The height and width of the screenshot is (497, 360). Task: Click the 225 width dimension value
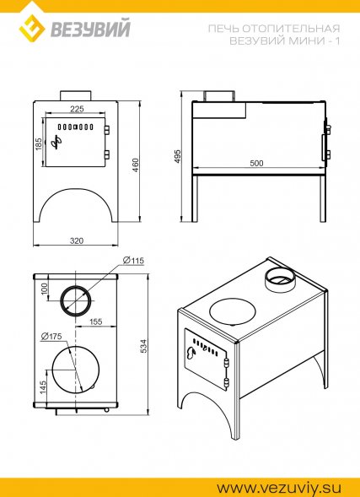(x=77, y=109)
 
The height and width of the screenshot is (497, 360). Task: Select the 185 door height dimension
(x=39, y=144)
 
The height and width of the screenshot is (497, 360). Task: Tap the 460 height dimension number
(x=135, y=165)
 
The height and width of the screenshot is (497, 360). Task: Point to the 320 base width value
(x=77, y=240)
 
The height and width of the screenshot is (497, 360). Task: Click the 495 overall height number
(x=178, y=156)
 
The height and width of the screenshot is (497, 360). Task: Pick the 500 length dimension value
(x=256, y=164)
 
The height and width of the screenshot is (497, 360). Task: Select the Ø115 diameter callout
(x=133, y=261)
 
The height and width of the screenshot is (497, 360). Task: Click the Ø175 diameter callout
(x=51, y=337)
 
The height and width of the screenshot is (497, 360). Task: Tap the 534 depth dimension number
(x=144, y=347)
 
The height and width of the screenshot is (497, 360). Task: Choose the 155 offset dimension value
(x=95, y=321)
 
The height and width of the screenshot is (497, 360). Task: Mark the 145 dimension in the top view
(x=43, y=387)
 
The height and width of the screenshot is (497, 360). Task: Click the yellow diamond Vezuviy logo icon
(x=32, y=30)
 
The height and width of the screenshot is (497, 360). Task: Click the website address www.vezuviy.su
(x=279, y=487)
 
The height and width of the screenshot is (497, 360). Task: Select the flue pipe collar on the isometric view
(x=280, y=279)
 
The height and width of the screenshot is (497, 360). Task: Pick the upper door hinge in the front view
(x=107, y=130)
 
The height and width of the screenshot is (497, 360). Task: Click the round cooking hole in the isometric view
(x=234, y=311)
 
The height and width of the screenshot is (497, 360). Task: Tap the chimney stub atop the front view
(x=76, y=95)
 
